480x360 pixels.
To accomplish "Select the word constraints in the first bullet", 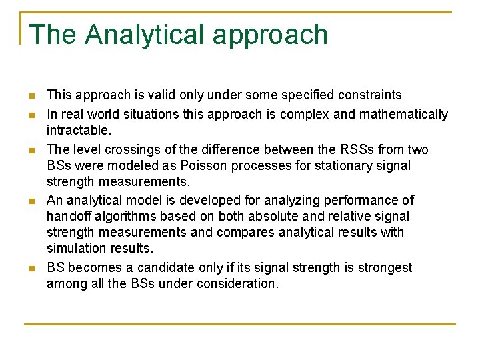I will [369, 95].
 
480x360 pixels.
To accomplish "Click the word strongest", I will [383, 267].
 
